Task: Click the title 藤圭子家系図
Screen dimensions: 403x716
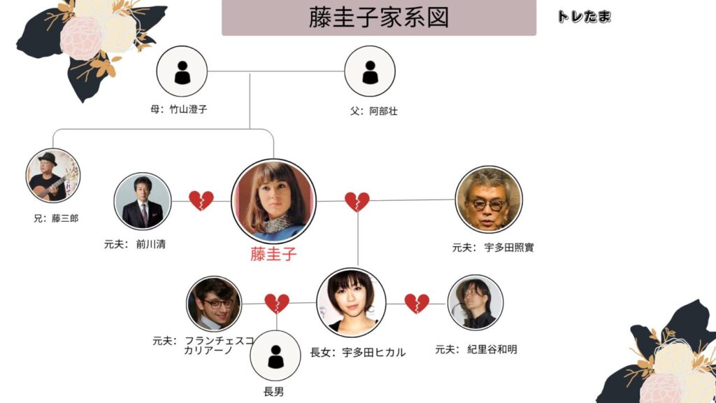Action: pos(378,17)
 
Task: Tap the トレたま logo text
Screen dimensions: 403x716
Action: pos(584,17)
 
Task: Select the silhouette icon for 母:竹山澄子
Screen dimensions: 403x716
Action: pos(182,71)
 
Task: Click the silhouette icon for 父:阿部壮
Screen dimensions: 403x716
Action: pos(370,71)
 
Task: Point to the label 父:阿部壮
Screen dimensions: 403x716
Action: pos(374,111)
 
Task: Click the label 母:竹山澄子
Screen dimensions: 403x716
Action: pos(179,110)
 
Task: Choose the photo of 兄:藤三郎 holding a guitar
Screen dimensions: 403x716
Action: pos(53,176)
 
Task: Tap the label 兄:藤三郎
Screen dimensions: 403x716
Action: pos(55,218)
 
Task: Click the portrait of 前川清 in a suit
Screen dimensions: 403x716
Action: pos(143,201)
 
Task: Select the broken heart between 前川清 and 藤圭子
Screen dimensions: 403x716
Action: pos(201,201)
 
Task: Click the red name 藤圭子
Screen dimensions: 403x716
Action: pos(273,254)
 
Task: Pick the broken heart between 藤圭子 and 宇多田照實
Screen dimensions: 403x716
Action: pos(357,201)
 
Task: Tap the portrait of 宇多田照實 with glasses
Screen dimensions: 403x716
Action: pos(488,199)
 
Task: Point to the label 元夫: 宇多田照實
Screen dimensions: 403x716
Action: pos(493,248)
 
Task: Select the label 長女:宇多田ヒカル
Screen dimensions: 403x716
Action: pos(357,352)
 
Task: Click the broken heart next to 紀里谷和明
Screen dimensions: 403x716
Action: pos(417,303)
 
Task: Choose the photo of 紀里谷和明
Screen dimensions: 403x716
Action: pos(475,302)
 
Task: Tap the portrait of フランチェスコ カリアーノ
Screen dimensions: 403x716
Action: pos(214,304)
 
